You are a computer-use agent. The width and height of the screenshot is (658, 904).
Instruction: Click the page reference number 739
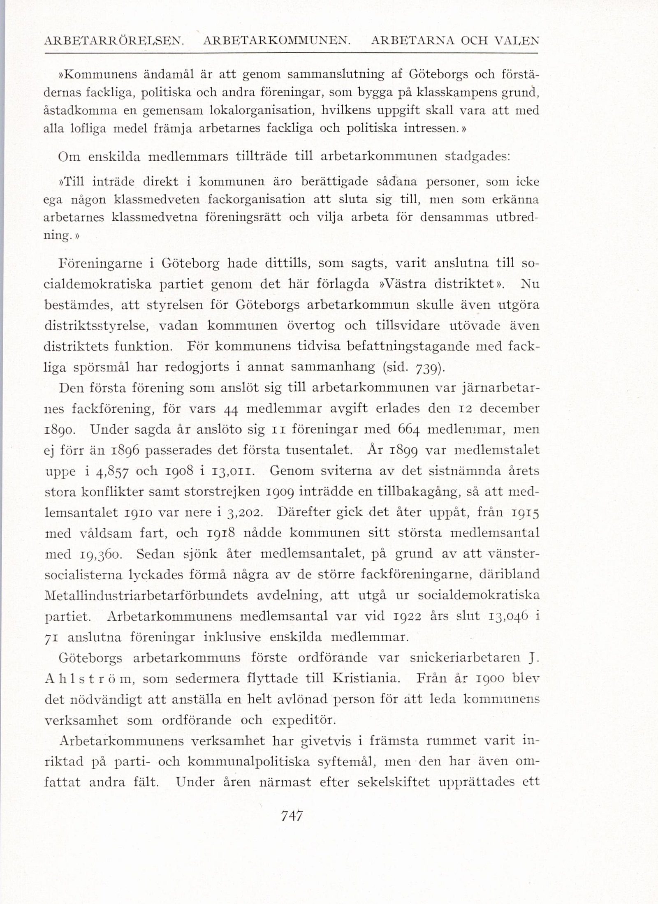coord(429,367)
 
